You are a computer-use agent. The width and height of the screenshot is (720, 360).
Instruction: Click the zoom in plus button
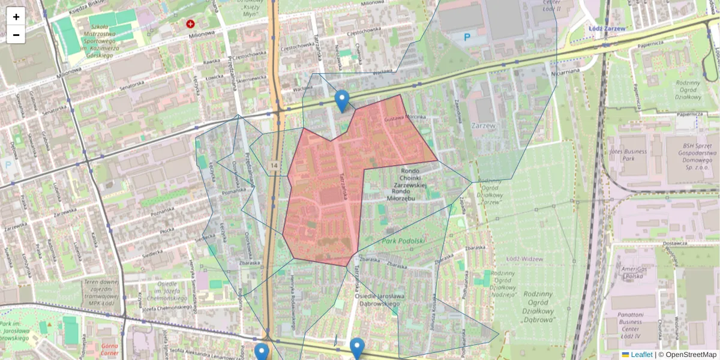coord(16,16)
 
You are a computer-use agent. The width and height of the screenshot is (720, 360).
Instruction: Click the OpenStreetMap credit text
coord(690,355)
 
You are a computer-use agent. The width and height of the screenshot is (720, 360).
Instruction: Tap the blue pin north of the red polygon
coord(342,101)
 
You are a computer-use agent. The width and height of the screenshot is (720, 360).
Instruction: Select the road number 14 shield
coord(274,165)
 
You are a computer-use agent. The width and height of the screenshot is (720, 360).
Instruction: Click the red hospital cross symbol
coord(191,24)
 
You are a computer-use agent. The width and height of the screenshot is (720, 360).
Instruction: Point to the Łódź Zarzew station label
coord(607,28)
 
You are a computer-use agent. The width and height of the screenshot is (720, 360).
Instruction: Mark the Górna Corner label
coord(100,350)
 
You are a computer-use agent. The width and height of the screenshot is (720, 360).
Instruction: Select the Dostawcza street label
coord(674,243)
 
